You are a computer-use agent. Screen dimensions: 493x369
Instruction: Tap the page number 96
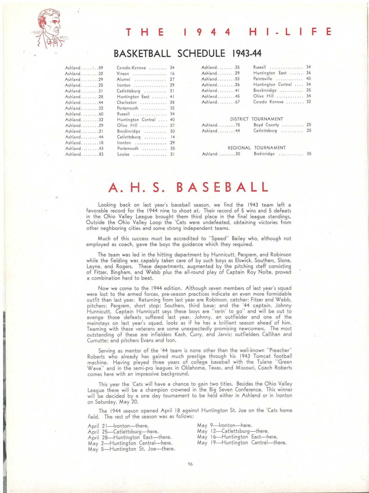coord(190,464)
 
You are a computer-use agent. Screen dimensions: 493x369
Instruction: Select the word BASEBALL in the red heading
coord(223,187)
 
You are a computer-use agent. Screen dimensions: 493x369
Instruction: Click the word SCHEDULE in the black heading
coord(201,53)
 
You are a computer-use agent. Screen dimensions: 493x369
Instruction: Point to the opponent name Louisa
coord(123,154)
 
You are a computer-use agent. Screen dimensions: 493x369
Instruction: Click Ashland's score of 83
coord(101,154)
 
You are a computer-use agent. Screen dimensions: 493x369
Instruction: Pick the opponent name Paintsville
coord(263,79)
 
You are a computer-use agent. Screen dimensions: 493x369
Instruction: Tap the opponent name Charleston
coord(127,102)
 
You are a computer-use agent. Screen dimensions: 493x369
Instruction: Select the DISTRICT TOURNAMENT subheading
coord(256,119)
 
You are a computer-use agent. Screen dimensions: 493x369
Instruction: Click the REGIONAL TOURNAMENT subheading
coord(256,148)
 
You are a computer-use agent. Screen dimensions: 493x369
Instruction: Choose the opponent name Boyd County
coord(266,125)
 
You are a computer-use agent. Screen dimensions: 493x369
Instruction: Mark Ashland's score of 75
coord(237,125)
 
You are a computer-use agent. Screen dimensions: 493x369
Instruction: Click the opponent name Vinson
coord(123,74)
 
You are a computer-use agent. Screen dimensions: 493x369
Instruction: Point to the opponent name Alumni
coord(123,79)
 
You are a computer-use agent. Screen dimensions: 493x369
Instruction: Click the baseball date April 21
coord(96,426)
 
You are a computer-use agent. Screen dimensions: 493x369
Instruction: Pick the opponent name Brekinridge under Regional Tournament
coord(264,154)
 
